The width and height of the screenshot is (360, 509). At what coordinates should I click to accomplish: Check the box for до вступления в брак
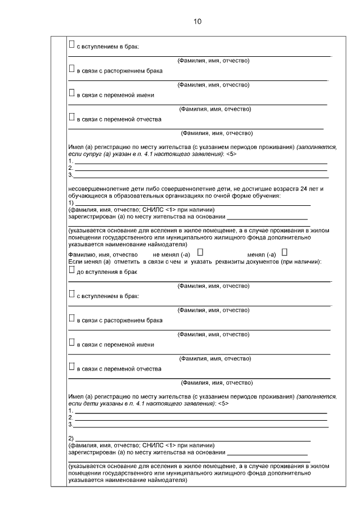(71, 269)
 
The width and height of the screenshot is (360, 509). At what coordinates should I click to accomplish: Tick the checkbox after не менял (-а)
(200, 252)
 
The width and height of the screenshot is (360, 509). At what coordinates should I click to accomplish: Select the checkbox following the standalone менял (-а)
(284, 252)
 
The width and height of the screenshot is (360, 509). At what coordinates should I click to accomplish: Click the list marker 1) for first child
(70, 202)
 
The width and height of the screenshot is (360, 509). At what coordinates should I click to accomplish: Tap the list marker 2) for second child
(70, 438)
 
